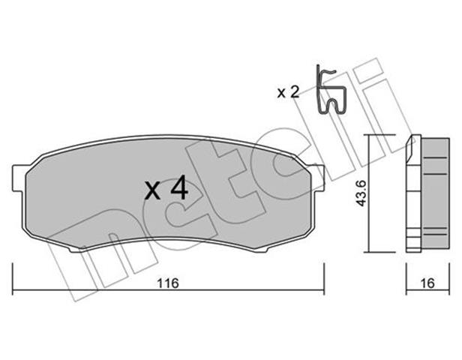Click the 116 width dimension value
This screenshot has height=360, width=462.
click(168, 283)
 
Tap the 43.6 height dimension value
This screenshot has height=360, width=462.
click(361, 193)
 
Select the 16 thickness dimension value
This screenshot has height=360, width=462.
click(427, 283)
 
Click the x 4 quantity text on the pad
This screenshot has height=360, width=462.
click(166, 188)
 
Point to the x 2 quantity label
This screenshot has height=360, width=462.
click(288, 92)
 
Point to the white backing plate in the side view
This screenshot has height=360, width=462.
click(413, 194)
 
